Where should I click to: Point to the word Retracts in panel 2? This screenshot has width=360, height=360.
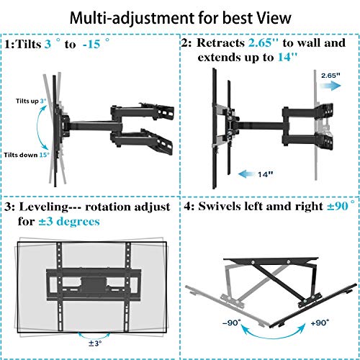230,43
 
